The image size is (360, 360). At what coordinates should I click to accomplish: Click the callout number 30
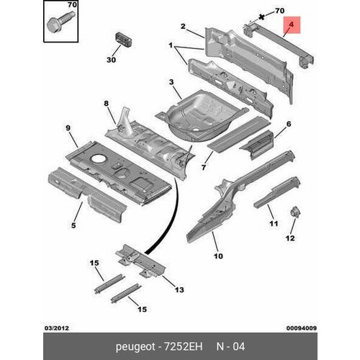click(111, 60)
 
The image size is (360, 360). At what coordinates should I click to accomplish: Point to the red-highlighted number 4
click(291, 27)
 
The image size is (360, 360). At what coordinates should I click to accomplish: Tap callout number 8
click(106, 103)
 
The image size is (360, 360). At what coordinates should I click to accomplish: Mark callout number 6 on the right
click(287, 124)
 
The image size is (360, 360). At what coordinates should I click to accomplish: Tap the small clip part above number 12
click(293, 212)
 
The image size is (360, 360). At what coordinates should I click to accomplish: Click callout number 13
click(179, 290)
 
